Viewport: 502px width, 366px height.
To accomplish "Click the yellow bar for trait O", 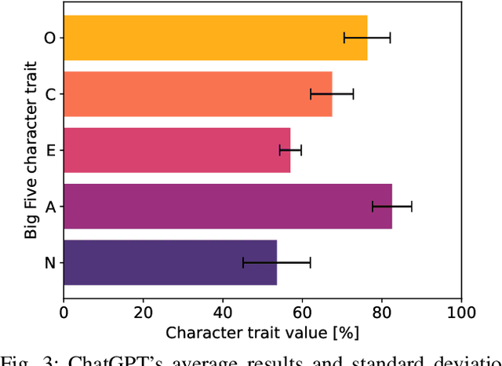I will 196,38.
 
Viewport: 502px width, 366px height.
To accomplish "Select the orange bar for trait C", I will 188,94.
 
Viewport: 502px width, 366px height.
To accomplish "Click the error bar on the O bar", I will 367,38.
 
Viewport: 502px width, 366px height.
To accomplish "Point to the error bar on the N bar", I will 277,262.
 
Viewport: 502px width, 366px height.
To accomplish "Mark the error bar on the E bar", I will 290,150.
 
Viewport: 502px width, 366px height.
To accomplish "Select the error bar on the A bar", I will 392,207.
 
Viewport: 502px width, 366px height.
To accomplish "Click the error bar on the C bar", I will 332,94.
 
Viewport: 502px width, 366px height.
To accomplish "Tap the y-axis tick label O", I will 49,38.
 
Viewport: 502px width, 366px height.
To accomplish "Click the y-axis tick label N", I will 49,262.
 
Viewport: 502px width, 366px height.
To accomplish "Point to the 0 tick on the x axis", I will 64,311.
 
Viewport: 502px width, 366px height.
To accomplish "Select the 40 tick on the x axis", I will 223,311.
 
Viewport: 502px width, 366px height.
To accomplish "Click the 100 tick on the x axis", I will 461,311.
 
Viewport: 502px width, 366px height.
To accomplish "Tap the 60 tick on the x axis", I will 302,311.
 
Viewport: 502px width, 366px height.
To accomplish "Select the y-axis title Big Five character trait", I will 30,150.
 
